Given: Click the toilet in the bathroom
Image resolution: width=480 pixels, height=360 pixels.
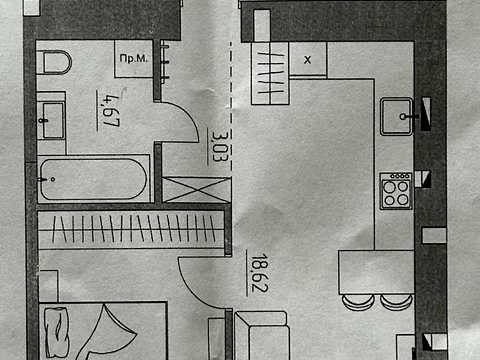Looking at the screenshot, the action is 54,62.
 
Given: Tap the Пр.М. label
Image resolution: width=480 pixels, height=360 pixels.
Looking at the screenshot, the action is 133,58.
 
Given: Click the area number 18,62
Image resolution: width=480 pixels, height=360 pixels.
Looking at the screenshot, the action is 259,273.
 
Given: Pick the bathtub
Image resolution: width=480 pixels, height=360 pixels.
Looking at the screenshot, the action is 93,179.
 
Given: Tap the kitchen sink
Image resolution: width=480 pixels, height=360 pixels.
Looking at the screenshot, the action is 397,116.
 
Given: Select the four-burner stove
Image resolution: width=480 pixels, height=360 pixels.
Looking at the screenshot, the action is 396,191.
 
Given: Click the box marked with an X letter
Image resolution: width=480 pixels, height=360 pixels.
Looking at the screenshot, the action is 308,59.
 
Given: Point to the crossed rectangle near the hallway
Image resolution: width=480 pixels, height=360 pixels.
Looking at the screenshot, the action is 196,189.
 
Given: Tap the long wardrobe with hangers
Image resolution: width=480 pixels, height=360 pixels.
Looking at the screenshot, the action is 131,230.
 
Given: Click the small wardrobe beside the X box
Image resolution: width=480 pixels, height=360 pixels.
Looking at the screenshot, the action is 270,73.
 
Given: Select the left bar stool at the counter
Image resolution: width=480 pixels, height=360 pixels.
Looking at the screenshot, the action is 358,302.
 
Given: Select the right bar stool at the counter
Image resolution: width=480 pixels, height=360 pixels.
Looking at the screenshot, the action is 397,302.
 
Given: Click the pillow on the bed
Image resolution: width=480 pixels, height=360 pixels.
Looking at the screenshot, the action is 57,333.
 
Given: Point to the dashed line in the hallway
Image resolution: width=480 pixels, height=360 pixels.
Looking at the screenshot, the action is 230,104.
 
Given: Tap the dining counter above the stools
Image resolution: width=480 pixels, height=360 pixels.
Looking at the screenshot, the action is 376,272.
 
